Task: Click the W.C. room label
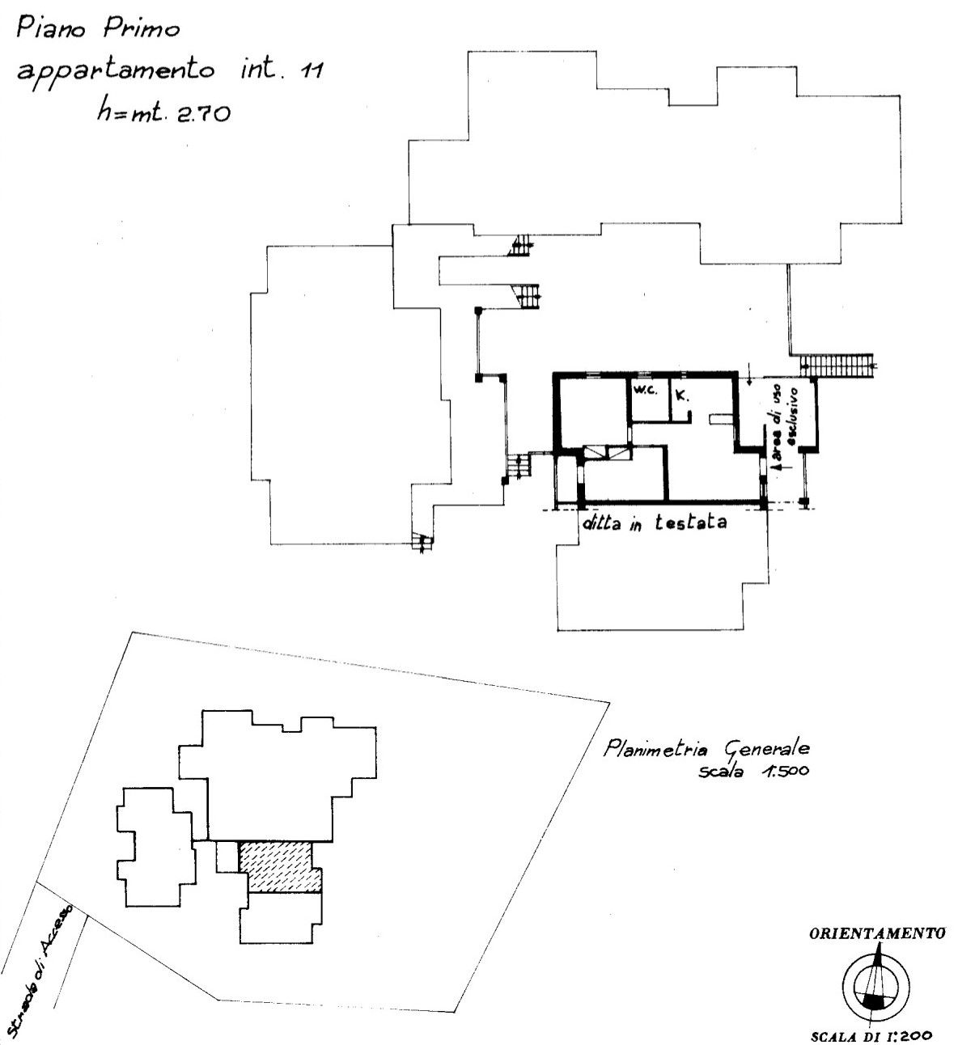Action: click(x=646, y=391)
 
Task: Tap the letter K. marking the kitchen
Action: click(x=682, y=395)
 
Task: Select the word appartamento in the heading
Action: click(x=117, y=72)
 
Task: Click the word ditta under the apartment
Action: click(x=602, y=524)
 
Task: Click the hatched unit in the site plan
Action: click(x=280, y=866)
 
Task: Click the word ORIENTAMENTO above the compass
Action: click(x=877, y=933)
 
